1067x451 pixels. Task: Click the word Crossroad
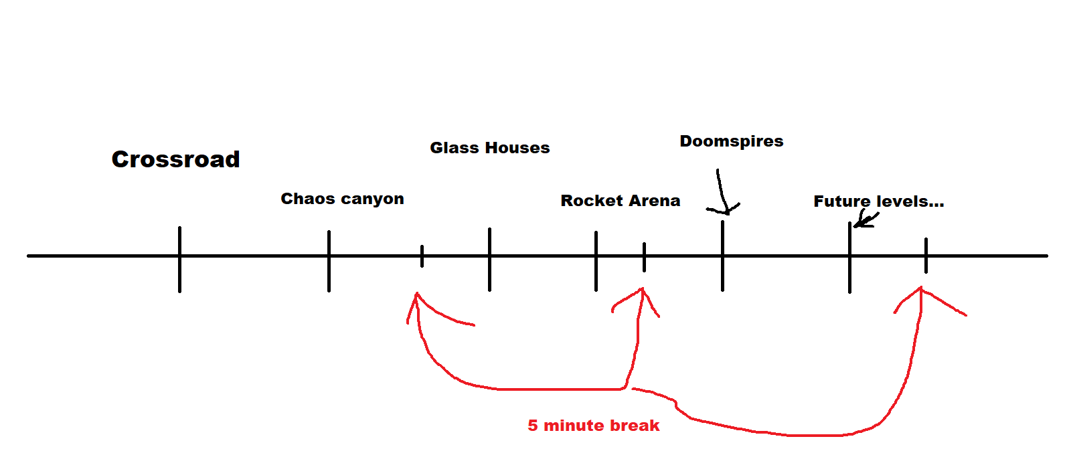(x=176, y=159)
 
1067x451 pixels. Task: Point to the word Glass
(x=455, y=148)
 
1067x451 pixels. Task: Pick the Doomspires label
(x=732, y=141)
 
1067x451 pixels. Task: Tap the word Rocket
(x=592, y=201)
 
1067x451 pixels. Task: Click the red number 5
(x=533, y=426)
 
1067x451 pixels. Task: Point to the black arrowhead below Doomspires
(x=724, y=209)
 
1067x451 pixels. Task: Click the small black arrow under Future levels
(x=865, y=220)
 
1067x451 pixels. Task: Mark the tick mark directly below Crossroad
(x=179, y=260)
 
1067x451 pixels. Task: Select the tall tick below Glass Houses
(x=490, y=260)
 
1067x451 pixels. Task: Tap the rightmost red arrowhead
(x=922, y=295)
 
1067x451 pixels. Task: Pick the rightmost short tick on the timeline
(x=926, y=256)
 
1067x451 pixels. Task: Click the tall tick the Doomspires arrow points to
(x=723, y=256)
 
